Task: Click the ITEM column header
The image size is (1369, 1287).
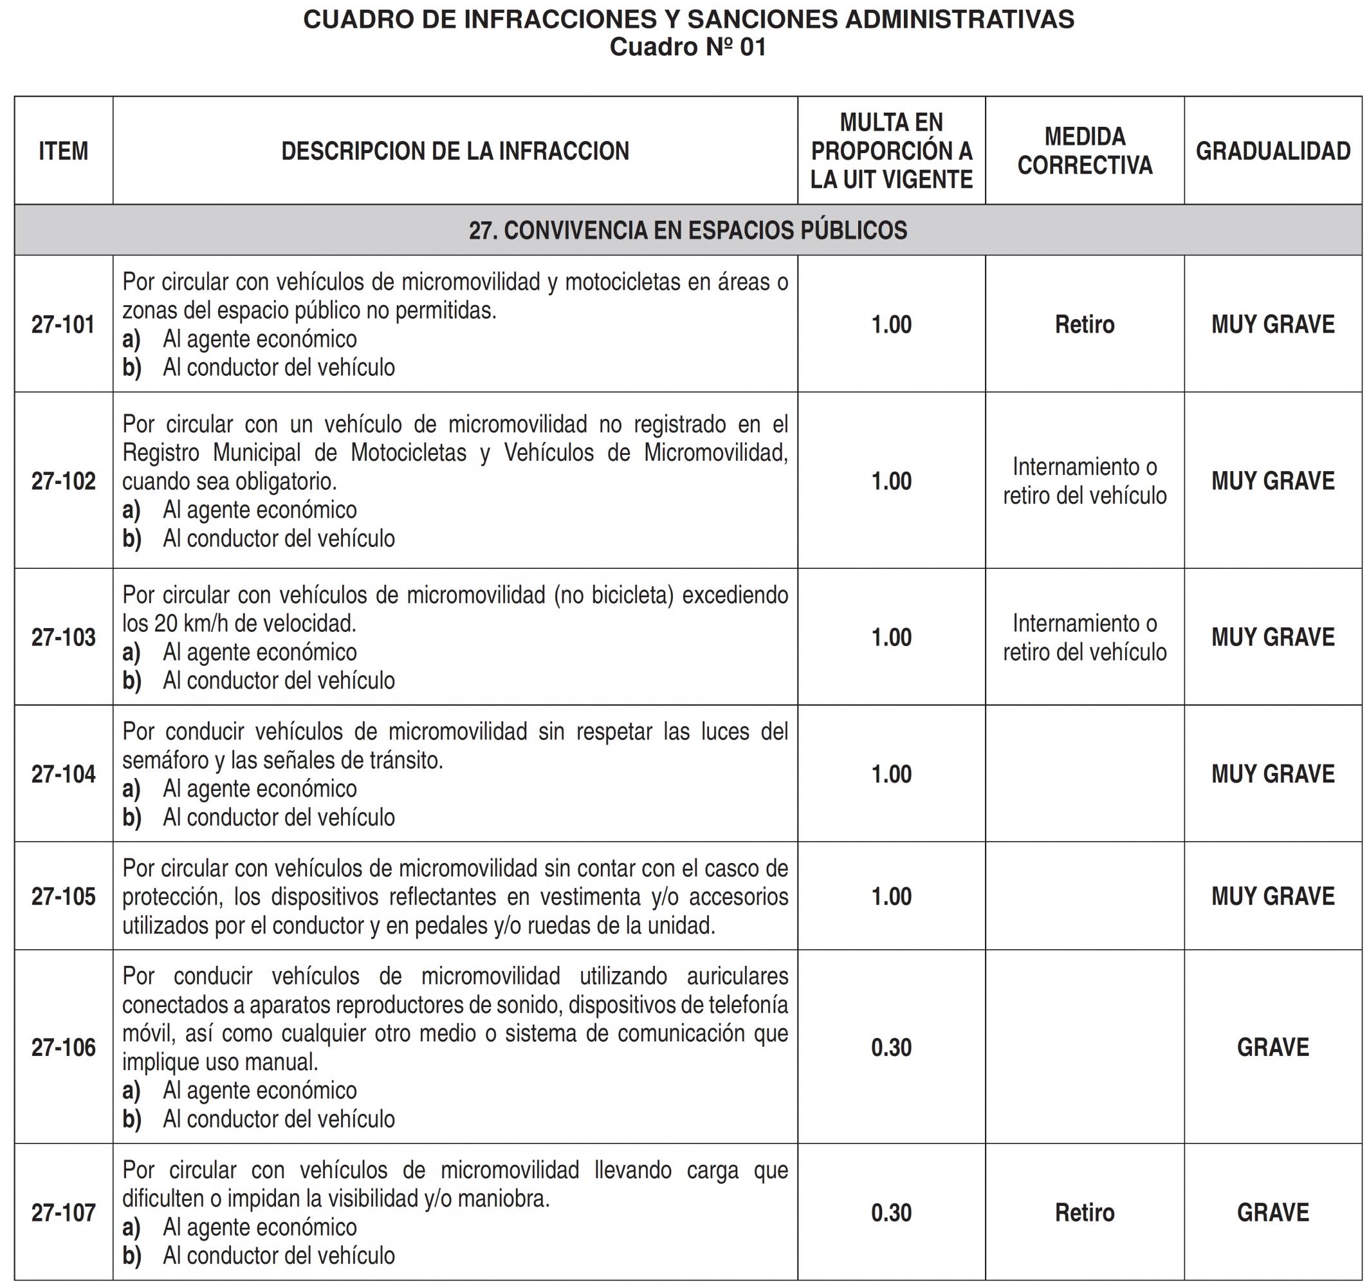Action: pos(63,151)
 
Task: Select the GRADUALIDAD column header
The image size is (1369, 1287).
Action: pos(1273,151)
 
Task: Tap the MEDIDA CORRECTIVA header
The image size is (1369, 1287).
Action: pos(1085,151)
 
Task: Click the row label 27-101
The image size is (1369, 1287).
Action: pos(63,324)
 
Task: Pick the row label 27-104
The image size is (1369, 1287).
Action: pos(63,774)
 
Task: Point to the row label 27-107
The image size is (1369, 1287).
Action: pos(63,1212)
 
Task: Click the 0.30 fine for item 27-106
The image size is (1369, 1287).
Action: pos(891,1047)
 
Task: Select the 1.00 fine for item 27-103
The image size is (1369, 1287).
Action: pos(891,637)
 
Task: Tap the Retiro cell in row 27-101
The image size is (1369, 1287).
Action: pos(1085,324)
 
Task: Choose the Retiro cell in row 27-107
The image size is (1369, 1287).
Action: pos(1085,1212)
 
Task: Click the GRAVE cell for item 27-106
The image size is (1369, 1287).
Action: pos(1273,1047)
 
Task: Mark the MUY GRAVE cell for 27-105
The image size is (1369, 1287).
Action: pos(1273,896)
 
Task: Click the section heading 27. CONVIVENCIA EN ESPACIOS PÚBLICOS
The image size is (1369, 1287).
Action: pos(688,230)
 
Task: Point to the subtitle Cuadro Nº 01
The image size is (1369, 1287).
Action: pos(688,47)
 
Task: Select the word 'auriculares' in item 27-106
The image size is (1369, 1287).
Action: pos(737,976)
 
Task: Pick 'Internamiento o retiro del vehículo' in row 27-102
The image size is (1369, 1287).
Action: pos(1085,481)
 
